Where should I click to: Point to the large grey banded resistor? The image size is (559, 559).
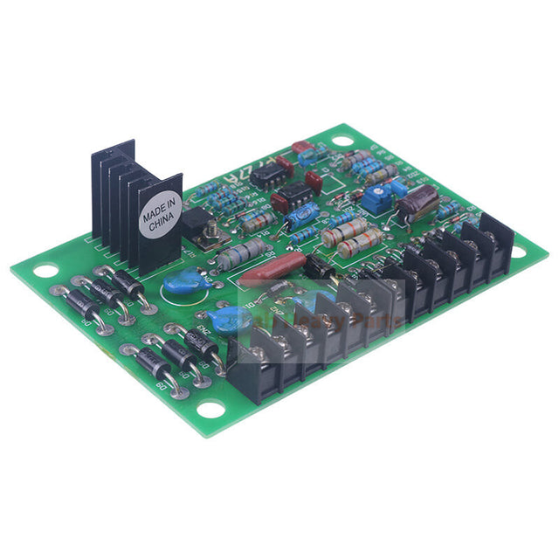click(242, 254)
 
